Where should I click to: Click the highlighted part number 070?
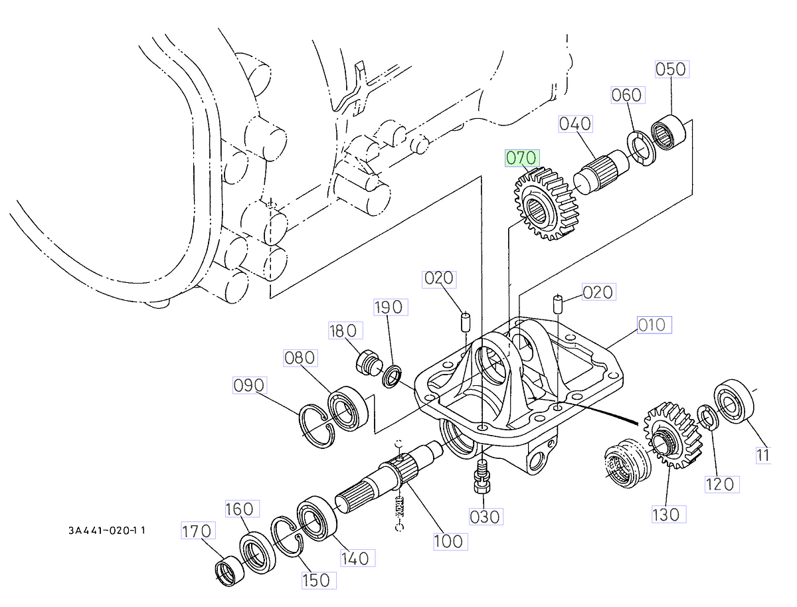tap(521, 159)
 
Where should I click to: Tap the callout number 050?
tap(671, 70)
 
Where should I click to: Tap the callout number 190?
tap(389, 307)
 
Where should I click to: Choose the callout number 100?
tap(448, 541)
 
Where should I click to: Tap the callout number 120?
tap(720, 483)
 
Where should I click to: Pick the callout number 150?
tap(315, 580)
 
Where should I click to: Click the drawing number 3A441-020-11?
tap(106, 531)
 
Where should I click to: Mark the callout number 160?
tap(239, 509)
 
